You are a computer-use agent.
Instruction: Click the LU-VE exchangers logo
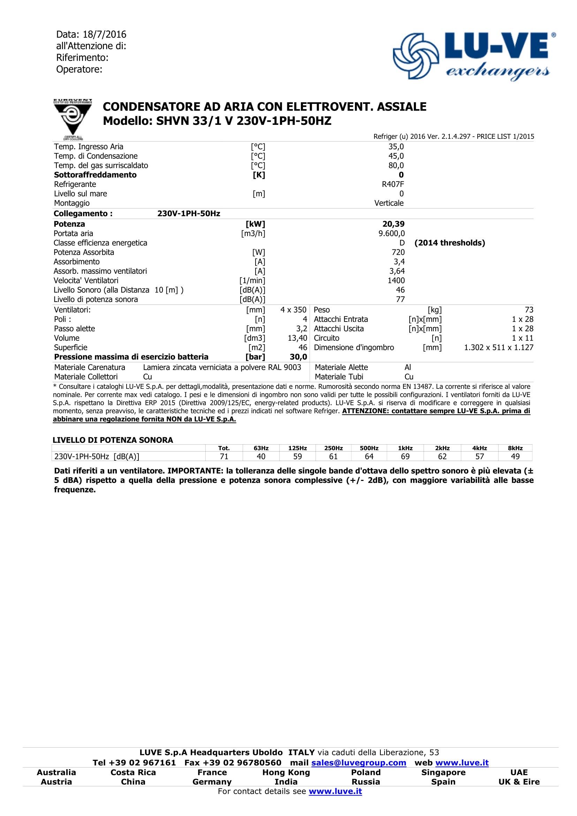[474, 56]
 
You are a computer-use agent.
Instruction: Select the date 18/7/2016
[105, 35]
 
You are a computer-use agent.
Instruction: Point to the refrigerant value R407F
[393, 184]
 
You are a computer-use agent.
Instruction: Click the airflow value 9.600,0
[391, 234]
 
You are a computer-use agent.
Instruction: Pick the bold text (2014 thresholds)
[449, 243]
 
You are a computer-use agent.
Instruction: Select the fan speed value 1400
[396, 280]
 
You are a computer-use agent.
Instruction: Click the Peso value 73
[529, 310]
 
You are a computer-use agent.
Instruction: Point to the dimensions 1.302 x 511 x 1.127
[499, 348]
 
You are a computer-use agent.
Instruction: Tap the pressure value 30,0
[298, 357]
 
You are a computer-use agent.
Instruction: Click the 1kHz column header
[405, 448]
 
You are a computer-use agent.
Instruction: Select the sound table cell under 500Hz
[369, 457]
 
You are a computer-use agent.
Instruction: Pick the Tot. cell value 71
[224, 457]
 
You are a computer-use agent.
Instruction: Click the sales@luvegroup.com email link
[358, 763]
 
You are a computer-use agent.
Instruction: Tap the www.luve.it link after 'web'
[462, 763]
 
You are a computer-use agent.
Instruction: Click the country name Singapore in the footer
[443, 772]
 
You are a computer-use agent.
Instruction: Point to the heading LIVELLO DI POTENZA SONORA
[113, 440]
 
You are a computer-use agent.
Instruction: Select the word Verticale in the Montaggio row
[389, 203]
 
